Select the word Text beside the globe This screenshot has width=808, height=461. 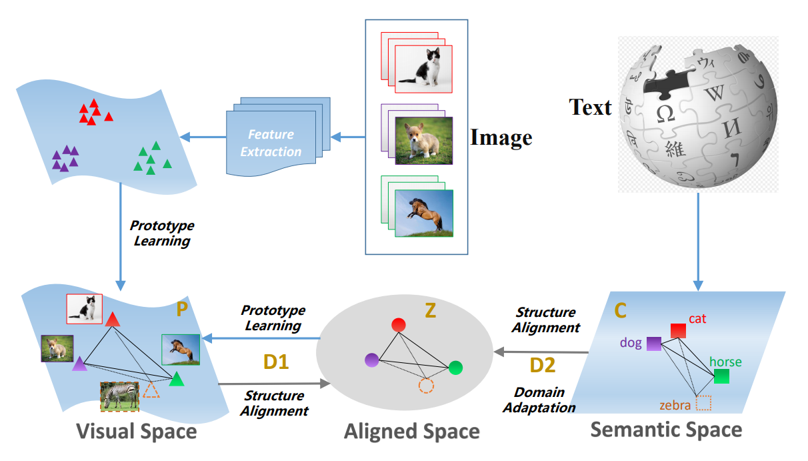pyautogui.click(x=590, y=107)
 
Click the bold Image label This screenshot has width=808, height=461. pyautogui.click(x=501, y=137)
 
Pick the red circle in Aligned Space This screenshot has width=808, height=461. pyautogui.click(x=398, y=325)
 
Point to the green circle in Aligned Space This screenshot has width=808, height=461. pyautogui.click(x=455, y=368)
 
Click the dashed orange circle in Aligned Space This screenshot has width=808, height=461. pyautogui.click(x=426, y=386)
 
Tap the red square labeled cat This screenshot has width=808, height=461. pyautogui.click(x=678, y=330)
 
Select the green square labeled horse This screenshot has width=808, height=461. pyautogui.click(x=721, y=376)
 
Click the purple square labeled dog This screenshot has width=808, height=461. pyautogui.click(x=653, y=344)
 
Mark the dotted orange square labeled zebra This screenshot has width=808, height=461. pyautogui.click(x=703, y=403)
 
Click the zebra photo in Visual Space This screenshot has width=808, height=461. pyautogui.click(x=120, y=395)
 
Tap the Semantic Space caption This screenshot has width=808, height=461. pyautogui.click(x=666, y=429)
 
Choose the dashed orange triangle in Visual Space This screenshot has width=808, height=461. pyautogui.click(x=152, y=389)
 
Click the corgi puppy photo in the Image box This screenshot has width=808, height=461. pyautogui.click(x=423, y=140)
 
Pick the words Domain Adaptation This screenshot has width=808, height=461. pyautogui.click(x=540, y=400)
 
